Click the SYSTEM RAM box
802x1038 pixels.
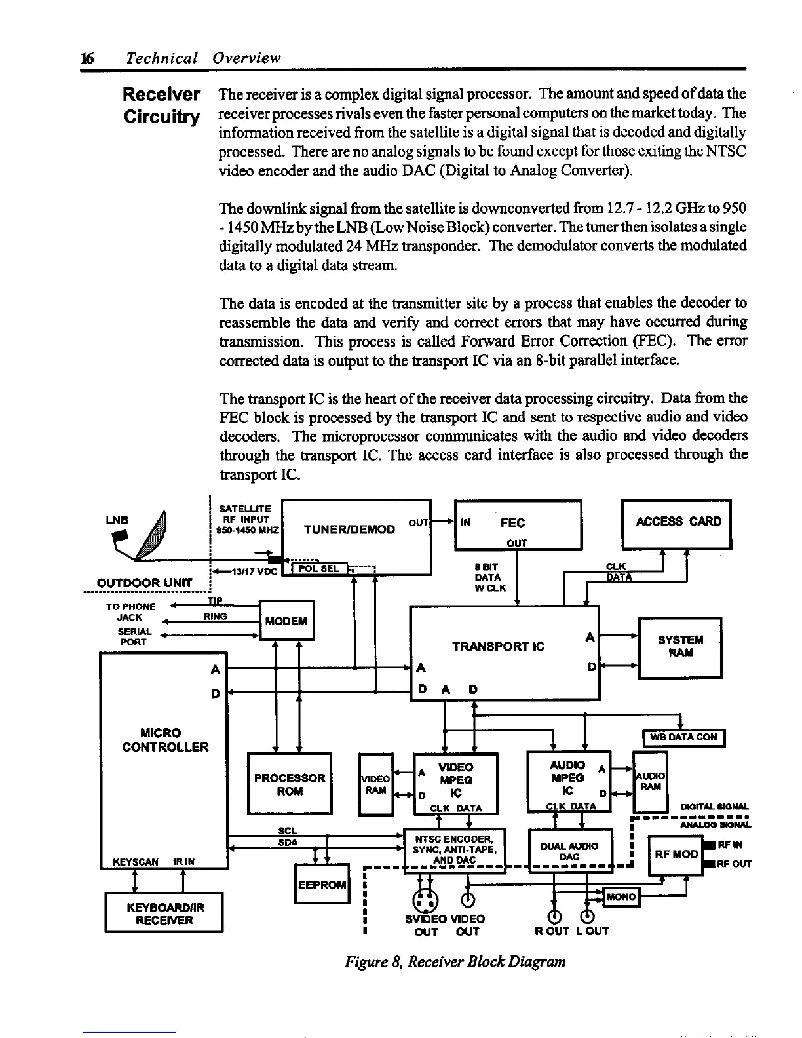(680, 647)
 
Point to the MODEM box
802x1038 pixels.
(287, 620)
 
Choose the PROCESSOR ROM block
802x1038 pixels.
(290, 784)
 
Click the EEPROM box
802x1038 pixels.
(322, 884)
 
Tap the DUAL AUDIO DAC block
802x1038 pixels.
(569, 851)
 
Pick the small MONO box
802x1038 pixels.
(621, 897)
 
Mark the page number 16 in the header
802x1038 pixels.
(85, 58)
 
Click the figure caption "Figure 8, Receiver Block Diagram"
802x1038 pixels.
(455, 962)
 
